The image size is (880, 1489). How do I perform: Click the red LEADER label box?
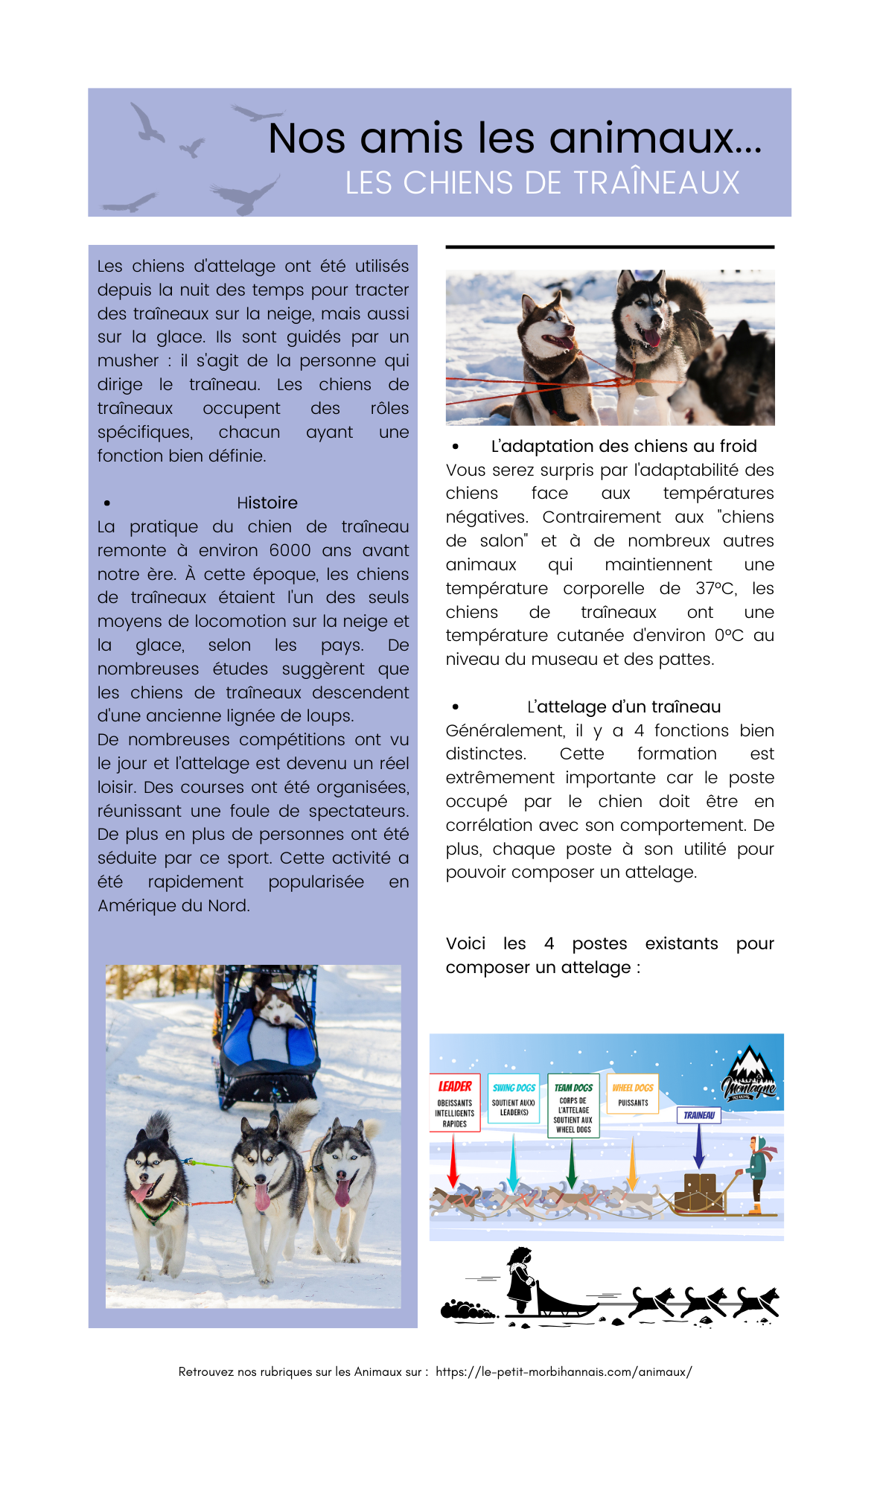click(x=455, y=1102)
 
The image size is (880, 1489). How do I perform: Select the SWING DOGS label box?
click(x=514, y=1097)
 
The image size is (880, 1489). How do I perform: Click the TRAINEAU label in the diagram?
click(x=698, y=1115)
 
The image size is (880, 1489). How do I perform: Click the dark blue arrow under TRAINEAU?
click(x=698, y=1147)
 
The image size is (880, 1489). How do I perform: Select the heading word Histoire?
click(x=267, y=503)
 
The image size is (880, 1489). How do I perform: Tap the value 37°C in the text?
click(x=716, y=589)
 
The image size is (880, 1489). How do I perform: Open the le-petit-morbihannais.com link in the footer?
click(x=564, y=1371)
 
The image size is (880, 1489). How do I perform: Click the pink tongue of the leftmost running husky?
click(x=141, y=1192)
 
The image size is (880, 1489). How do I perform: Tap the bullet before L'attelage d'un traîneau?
click(x=456, y=707)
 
